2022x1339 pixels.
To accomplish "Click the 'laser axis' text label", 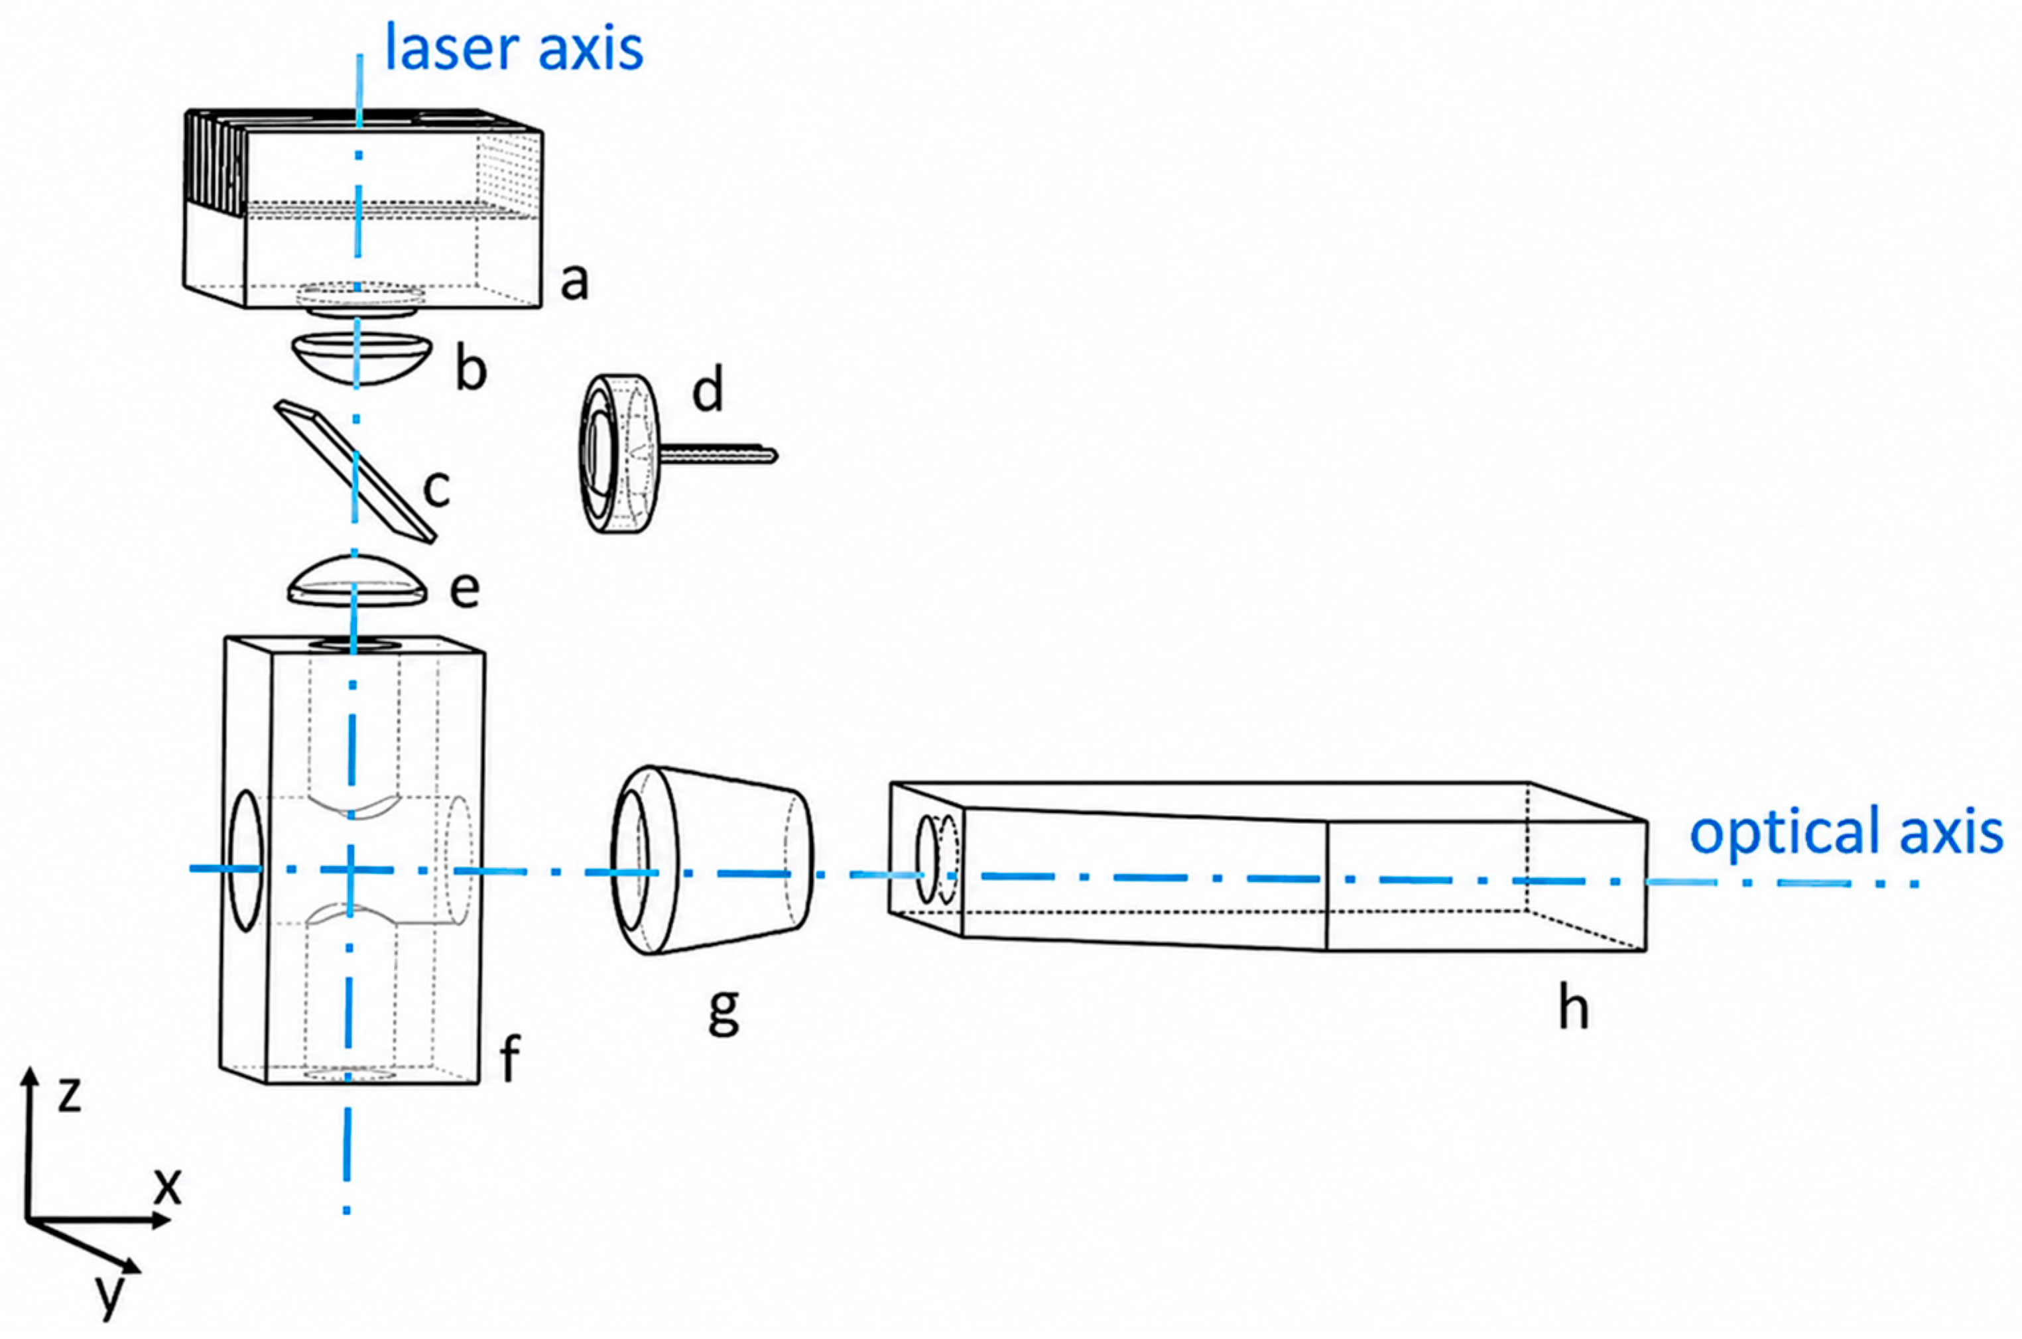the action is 514,48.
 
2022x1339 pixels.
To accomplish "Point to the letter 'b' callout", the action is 470,368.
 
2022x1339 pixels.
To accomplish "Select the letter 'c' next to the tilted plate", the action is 436,489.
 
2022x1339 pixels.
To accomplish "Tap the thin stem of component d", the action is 718,455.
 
